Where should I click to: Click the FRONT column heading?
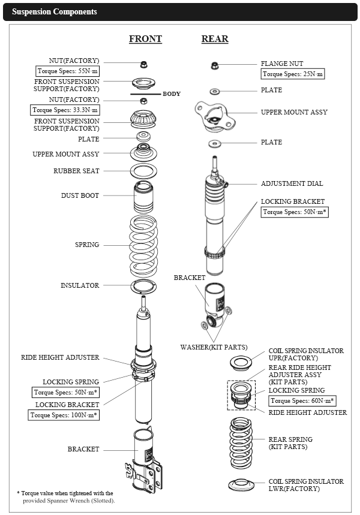click(145, 39)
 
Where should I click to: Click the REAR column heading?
click(214, 39)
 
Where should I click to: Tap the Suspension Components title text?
click(55, 11)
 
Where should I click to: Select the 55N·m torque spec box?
click(65, 71)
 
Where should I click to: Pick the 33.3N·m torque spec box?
click(65, 110)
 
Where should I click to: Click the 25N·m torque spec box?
click(293, 74)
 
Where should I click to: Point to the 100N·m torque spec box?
click(65, 415)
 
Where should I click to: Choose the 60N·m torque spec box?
click(302, 400)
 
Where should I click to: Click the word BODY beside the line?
click(172, 94)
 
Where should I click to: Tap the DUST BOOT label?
click(80, 195)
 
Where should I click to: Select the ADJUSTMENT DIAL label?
click(292, 183)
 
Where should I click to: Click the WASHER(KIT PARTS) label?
click(214, 347)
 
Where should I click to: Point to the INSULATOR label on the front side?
click(80, 285)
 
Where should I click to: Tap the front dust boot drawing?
click(144, 196)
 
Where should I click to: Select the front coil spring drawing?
click(143, 246)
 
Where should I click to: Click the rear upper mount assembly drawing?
click(213, 116)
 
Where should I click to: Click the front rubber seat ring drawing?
click(144, 171)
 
